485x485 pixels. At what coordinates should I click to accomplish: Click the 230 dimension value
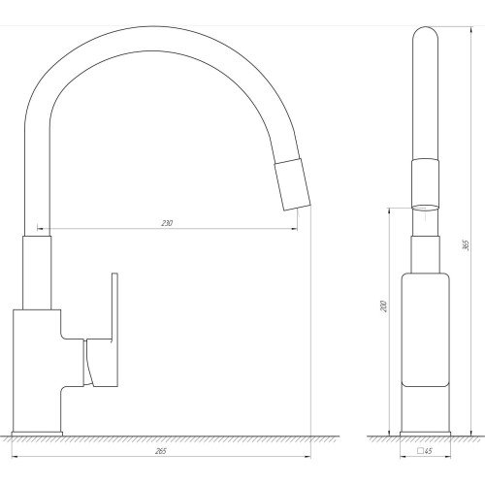tap(167, 223)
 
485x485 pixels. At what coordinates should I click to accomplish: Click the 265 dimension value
tap(161, 451)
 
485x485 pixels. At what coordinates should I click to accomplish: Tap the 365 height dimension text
tap(466, 245)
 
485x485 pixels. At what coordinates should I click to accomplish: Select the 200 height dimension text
tap(383, 307)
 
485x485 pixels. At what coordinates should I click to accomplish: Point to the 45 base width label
tap(429, 451)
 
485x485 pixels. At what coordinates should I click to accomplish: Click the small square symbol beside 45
tap(420, 451)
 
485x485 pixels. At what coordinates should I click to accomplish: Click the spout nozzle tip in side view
tap(293, 184)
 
